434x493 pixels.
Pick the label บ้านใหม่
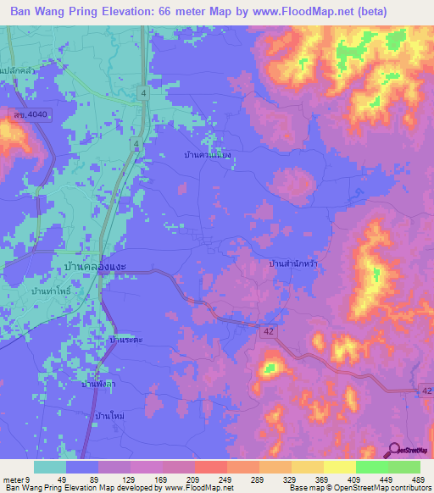(x=111, y=417)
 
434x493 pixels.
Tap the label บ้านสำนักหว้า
(x=292, y=264)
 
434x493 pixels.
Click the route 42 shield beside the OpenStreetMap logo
(x=425, y=388)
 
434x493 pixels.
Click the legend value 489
(x=418, y=478)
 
